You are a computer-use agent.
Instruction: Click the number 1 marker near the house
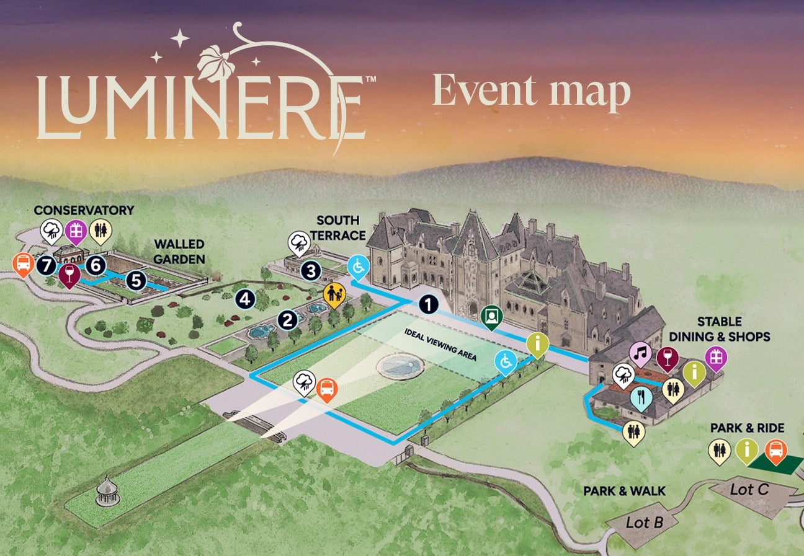point(427,304)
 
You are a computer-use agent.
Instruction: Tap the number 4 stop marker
point(246,299)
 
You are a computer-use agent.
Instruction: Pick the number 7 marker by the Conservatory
point(45,265)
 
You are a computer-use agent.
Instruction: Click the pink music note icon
point(640,355)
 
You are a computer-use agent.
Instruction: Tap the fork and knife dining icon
point(640,397)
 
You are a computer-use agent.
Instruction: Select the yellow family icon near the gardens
point(333,293)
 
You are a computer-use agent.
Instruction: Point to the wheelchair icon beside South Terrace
point(358,267)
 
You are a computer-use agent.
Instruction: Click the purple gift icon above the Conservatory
point(76,231)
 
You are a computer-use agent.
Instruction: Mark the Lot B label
point(644,523)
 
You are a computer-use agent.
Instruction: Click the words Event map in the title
point(531,92)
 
